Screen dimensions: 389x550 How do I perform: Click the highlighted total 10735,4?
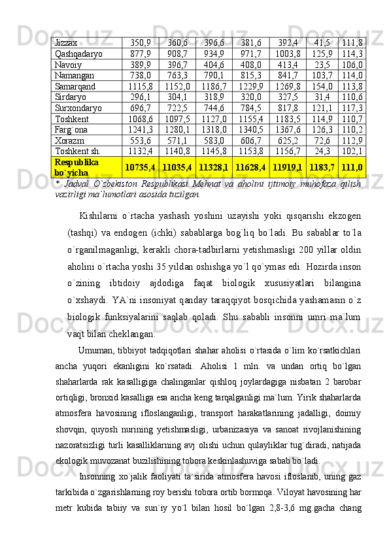coord(140,169)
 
